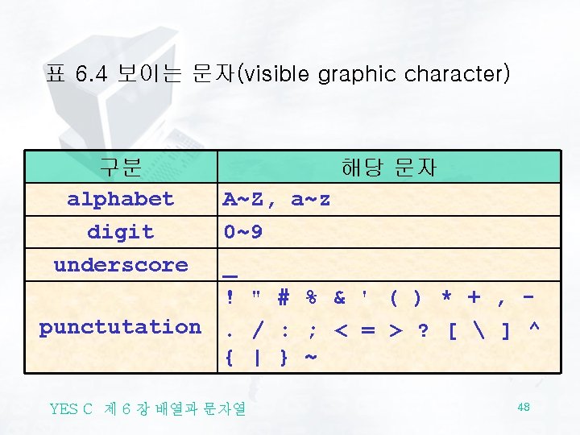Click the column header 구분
pyautogui.click(x=120, y=167)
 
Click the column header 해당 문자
pyautogui.click(x=389, y=167)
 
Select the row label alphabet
pyautogui.click(x=120, y=199)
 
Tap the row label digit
pyautogui.click(x=120, y=232)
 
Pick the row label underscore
pyautogui.click(x=120, y=265)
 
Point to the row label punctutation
pyautogui.click(x=120, y=327)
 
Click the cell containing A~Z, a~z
pyautogui.click(x=276, y=199)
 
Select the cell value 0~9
pyautogui.click(x=242, y=232)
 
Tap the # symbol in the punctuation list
pyautogui.click(x=283, y=298)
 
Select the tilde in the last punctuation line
pyautogui.click(x=311, y=357)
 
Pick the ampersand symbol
pyautogui.click(x=339, y=298)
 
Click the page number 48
pyautogui.click(x=524, y=408)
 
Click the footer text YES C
pyautogui.click(x=72, y=408)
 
